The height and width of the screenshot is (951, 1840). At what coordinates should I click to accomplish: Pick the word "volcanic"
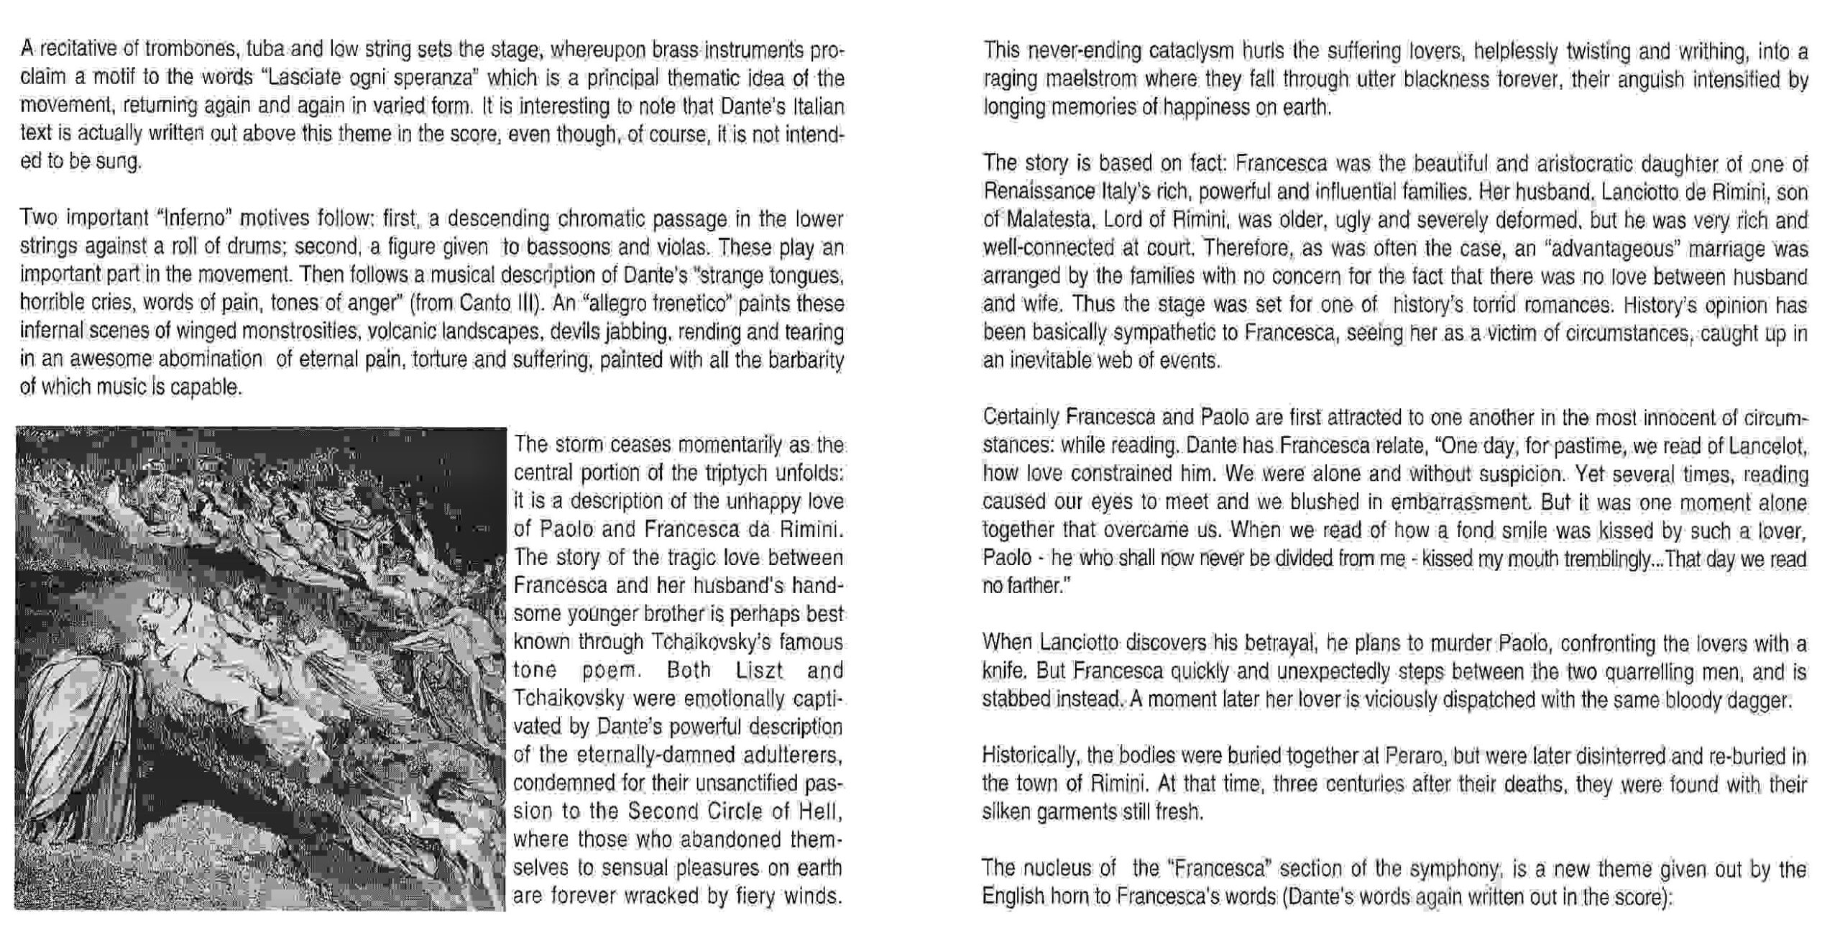coord(402,331)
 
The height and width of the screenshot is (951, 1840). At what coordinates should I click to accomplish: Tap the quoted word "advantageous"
coord(1611,249)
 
